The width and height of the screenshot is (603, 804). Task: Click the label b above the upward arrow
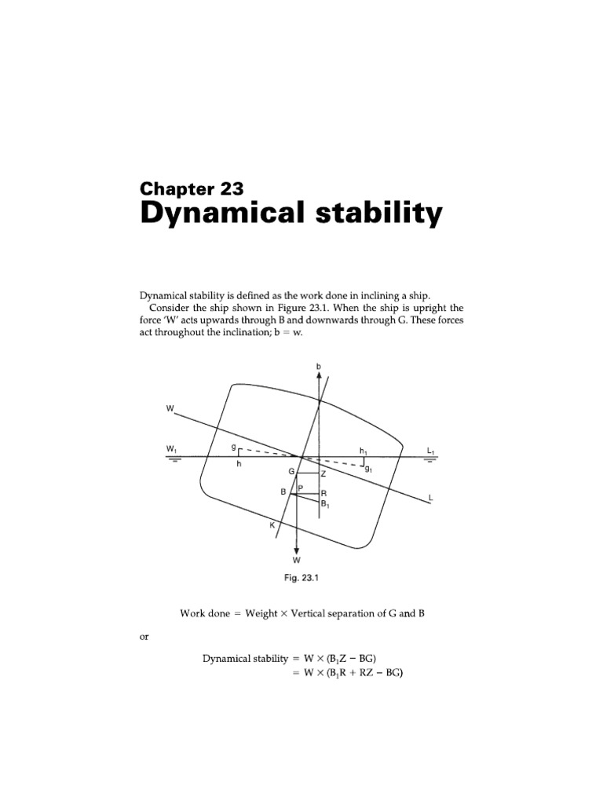(319, 366)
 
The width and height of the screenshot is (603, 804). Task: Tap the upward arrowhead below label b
(319, 375)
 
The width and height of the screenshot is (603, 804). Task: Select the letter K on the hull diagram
(272, 525)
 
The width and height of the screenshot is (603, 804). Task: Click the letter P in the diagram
(300, 488)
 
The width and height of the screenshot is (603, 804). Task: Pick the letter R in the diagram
(323, 494)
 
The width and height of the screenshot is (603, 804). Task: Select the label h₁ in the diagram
(363, 450)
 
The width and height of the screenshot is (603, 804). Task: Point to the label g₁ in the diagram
(368, 468)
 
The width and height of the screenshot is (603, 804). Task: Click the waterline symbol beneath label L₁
(430, 461)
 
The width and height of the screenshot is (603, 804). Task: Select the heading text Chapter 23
(192, 188)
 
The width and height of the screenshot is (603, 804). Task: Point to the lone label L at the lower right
(430, 499)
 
